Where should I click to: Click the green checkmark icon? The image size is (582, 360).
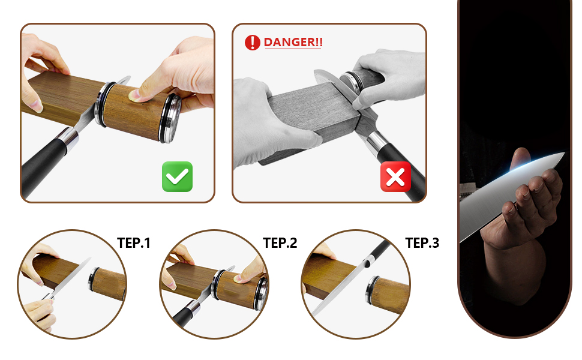[177, 176]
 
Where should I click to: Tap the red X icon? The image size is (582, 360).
[395, 176]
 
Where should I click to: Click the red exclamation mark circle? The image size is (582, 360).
[253, 43]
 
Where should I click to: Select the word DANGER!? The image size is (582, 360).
[293, 43]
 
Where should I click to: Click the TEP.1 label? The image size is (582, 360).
[134, 243]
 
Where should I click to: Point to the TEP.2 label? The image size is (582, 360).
[280, 243]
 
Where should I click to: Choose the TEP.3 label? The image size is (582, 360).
[422, 243]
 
